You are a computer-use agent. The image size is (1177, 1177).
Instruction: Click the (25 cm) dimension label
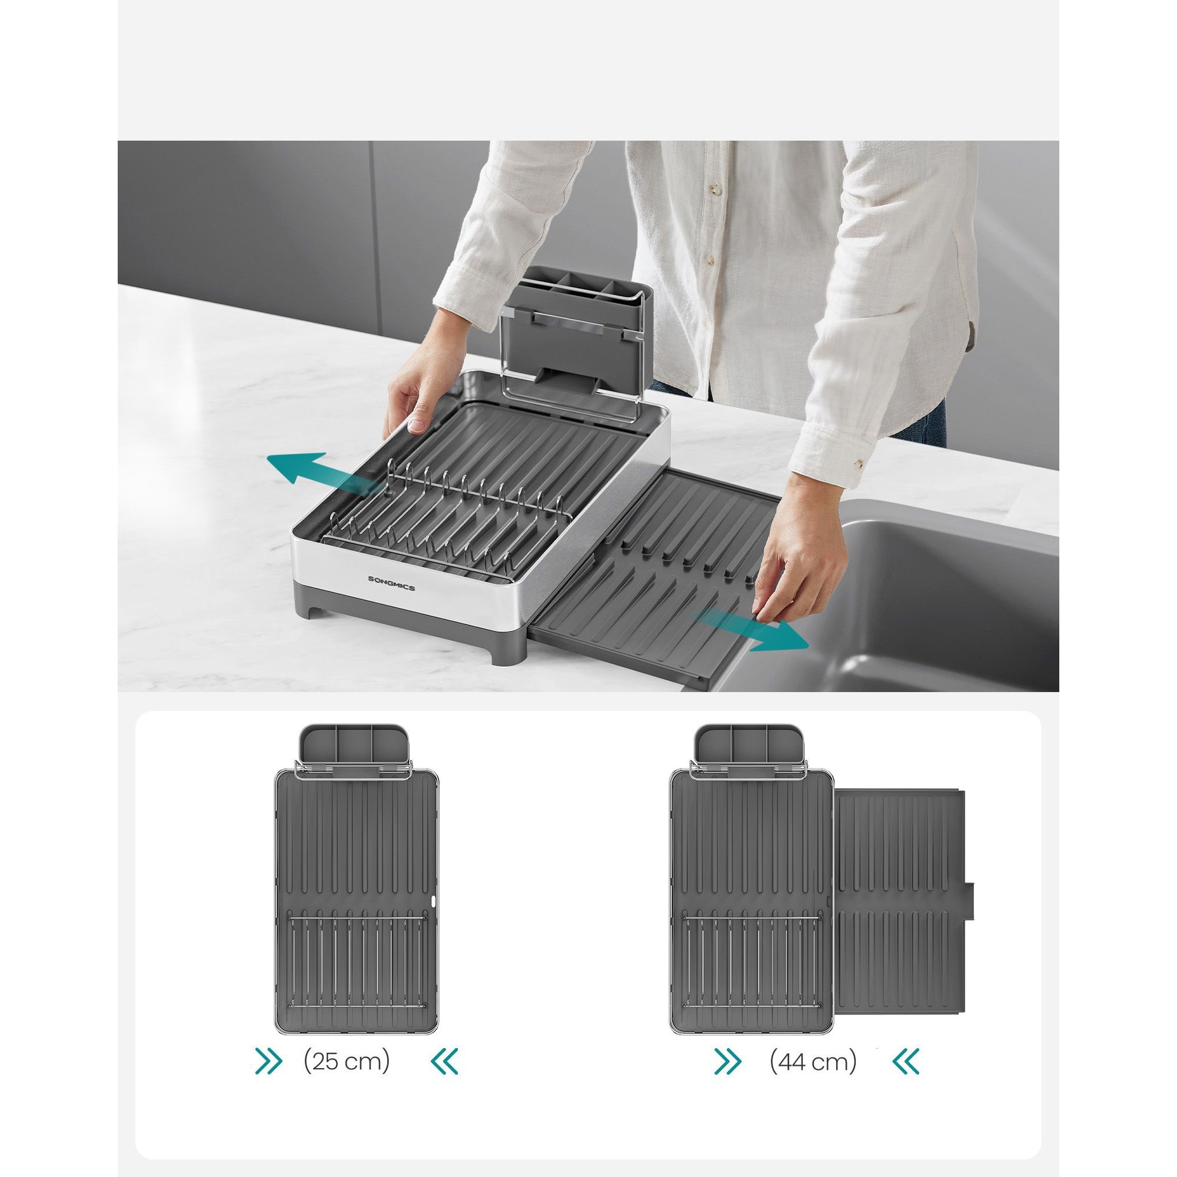coord(347,1062)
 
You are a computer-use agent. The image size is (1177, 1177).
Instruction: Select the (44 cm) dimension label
coord(813,1062)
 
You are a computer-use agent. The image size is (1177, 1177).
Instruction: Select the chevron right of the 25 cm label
coord(444,1062)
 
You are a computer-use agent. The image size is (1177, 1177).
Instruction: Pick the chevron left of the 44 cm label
coord(728,1062)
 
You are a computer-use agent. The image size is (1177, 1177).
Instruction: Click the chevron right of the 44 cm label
coord(906,1062)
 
